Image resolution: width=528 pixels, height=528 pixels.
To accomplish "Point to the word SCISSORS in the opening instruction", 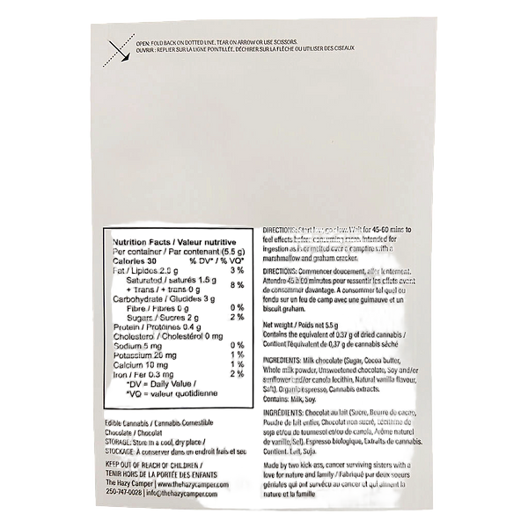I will (x=282, y=43).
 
